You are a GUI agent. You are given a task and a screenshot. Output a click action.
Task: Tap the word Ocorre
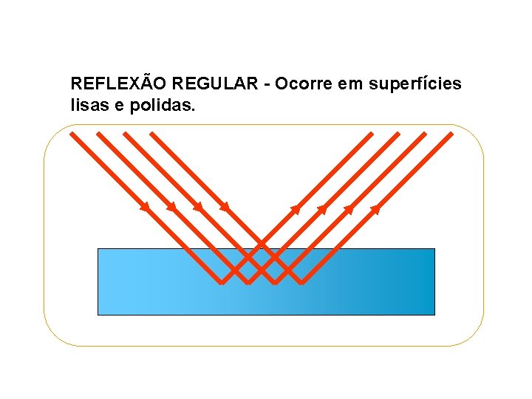click(304, 84)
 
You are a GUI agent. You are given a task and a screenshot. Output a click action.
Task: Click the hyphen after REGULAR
click(265, 85)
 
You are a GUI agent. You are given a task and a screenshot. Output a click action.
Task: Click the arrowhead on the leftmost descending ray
click(145, 207)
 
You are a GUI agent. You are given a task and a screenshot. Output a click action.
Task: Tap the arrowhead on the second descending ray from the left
click(171, 207)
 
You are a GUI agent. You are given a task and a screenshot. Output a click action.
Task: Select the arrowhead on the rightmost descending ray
click(225, 207)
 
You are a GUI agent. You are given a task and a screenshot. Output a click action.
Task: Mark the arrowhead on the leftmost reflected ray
click(296, 208)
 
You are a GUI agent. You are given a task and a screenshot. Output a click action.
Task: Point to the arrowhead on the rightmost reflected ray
click(375, 208)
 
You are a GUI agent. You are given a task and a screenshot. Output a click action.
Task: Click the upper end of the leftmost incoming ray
click(71, 133)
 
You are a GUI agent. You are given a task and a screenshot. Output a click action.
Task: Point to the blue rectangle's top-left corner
click(98, 249)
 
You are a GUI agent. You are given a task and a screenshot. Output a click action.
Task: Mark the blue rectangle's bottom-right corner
click(434, 314)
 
